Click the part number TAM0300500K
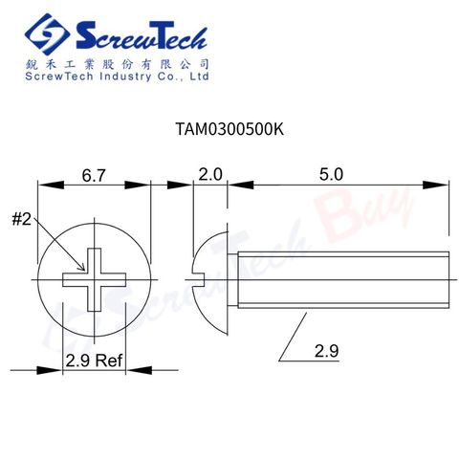(x=229, y=129)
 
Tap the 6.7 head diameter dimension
(x=94, y=176)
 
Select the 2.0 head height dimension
(x=210, y=175)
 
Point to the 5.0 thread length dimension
(x=331, y=175)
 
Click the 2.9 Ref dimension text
(x=94, y=361)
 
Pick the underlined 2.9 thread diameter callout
(x=326, y=351)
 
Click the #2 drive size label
(x=22, y=220)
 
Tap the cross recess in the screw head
(x=95, y=279)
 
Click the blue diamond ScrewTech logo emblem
(x=47, y=34)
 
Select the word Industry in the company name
(x=125, y=76)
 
